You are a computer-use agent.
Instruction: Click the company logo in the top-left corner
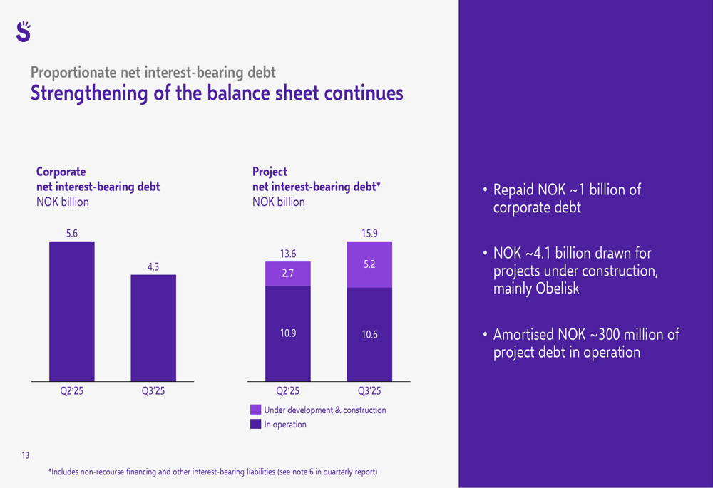[23, 31]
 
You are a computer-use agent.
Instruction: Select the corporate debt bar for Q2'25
[71, 311]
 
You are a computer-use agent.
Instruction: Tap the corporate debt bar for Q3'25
[153, 327]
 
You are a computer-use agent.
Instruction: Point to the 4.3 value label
[153, 266]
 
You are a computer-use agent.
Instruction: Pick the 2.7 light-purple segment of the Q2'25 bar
[287, 274]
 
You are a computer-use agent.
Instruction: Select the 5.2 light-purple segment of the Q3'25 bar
[369, 264]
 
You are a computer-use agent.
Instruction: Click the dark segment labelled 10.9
[287, 333]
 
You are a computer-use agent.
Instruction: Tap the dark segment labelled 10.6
[369, 334]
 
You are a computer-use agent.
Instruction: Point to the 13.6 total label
[287, 254]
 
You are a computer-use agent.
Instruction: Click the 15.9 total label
[369, 233]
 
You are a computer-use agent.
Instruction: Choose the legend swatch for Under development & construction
[255, 410]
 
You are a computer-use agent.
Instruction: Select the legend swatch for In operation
[255, 425]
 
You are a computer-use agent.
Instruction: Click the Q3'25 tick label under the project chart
[369, 391]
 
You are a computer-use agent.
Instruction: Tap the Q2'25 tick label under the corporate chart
[71, 391]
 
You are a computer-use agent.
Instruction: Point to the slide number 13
[26, 456]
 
